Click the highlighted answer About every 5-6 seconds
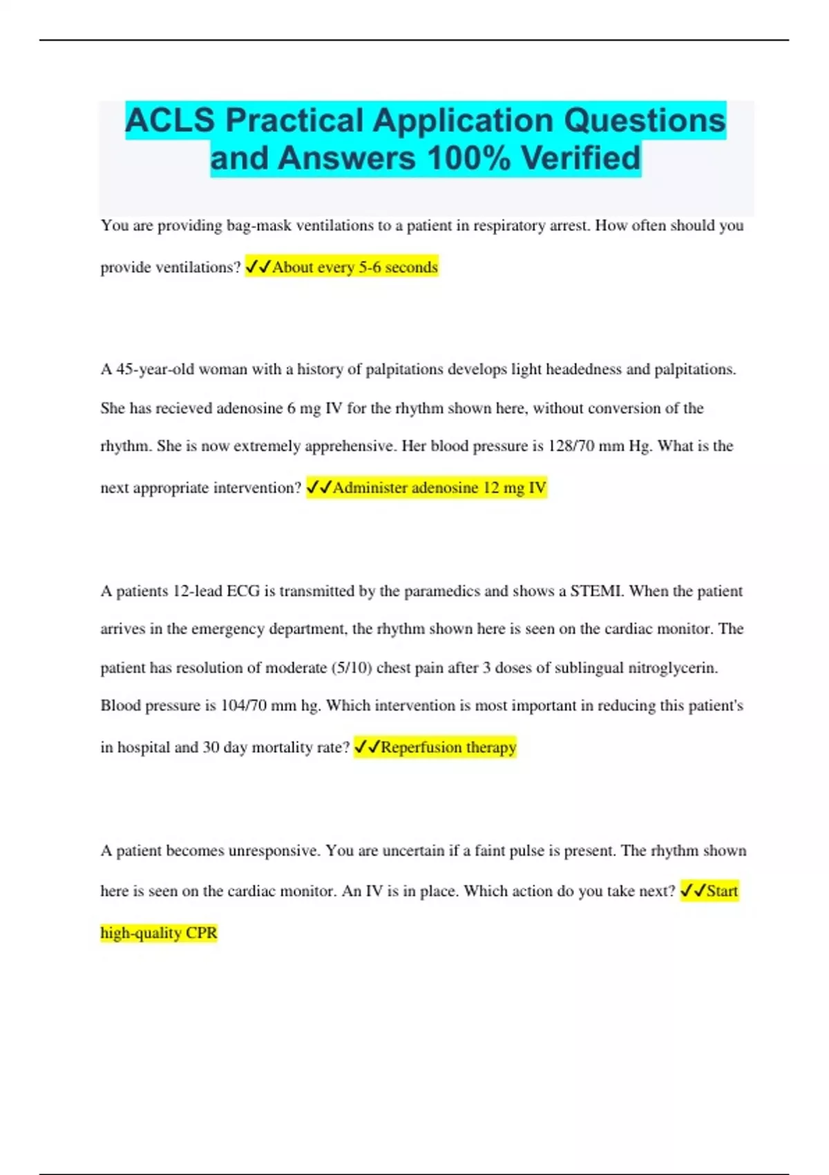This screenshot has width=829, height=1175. tap(354, 267)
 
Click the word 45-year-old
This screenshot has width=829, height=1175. tap(155, 370)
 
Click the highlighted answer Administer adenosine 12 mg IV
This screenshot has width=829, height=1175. tap(439, 488)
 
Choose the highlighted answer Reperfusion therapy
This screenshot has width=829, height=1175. tap(448, 748)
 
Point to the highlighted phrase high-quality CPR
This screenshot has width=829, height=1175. tap(159, 933)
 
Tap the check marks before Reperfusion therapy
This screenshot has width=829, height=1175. tap(367, 747)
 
